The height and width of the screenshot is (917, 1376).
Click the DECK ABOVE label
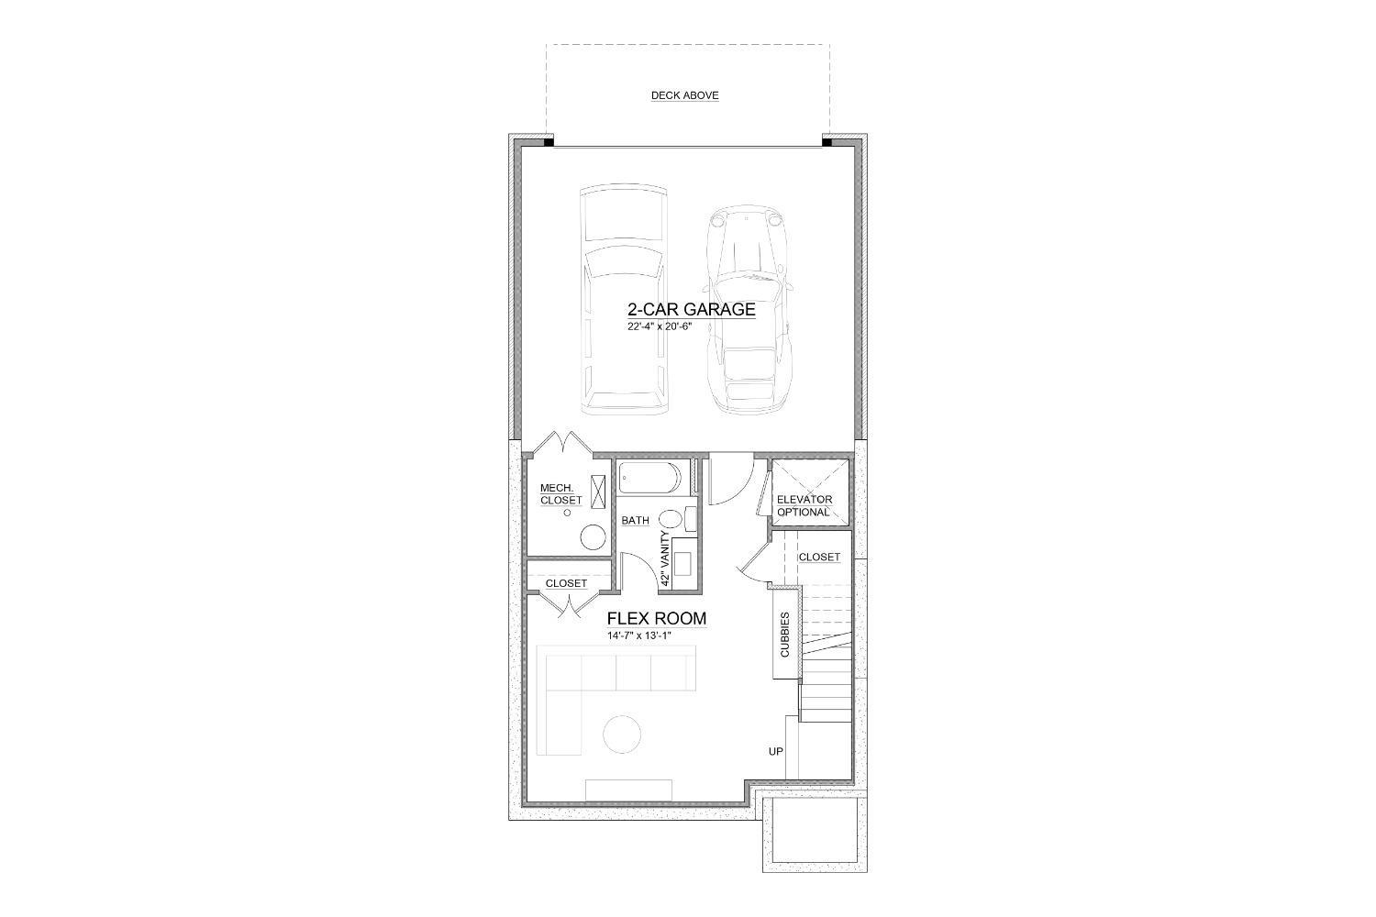click(x=684, y=95)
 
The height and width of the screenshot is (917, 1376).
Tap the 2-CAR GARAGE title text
click(x=691, y=309)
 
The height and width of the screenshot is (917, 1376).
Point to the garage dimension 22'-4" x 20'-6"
click(x=665, y=326)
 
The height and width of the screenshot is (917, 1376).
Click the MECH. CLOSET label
click(x=560, y=494)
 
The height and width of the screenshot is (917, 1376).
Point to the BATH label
click(x=635, y=520)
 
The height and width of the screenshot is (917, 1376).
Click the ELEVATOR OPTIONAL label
click(x=804, y=505)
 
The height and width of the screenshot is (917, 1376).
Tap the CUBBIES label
click(x=785, y=634)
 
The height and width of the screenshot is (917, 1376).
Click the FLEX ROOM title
click(x=656, y=618)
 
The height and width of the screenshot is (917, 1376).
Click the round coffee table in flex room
click(x=622, y=734)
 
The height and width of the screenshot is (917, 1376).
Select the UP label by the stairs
click(x=775, y=752)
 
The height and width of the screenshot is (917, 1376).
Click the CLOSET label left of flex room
click(x=566, y=583)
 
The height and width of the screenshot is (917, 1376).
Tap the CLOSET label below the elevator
click(x=818, y=557)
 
